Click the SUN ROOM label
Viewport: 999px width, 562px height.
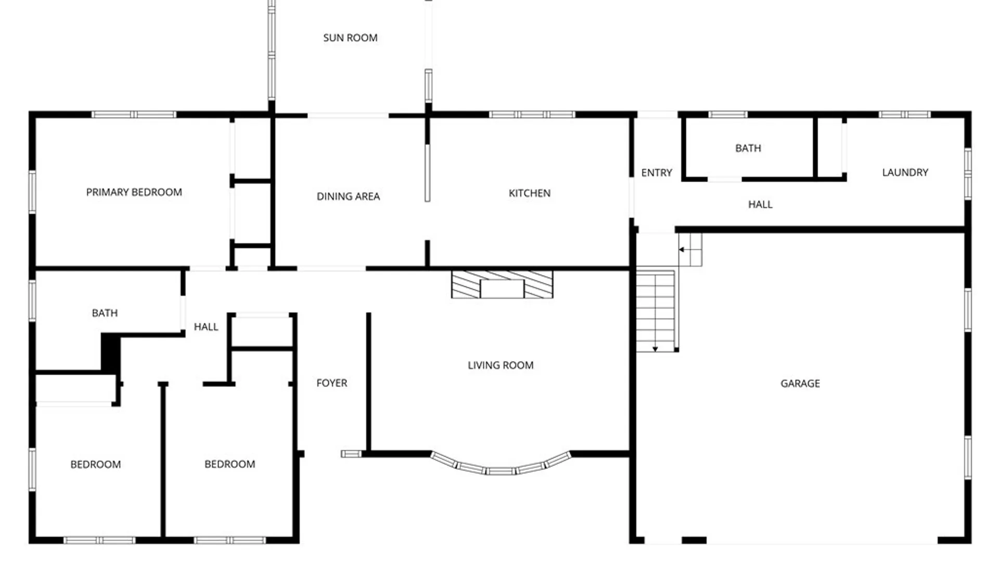pos(350,38)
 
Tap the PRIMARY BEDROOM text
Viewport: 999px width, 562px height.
pos(134,193)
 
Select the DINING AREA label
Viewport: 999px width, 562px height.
pos(348,197)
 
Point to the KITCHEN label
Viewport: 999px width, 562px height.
pos(529,194)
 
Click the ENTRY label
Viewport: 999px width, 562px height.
pos(656,173)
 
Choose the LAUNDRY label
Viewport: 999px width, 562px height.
pos(905,173)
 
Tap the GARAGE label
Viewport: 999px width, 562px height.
pos(800,384)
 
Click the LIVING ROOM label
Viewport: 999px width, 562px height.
pos(501,365)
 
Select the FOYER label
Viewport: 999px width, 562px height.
pos(331,383)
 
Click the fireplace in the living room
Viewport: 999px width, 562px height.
pos(502,284)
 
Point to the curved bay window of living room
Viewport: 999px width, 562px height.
pos(501,468)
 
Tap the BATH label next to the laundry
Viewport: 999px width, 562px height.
pos(748,148)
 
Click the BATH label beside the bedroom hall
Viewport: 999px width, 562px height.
pos(105,313)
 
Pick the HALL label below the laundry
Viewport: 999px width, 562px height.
pos(760,205)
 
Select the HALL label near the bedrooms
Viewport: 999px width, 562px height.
pos(206,327)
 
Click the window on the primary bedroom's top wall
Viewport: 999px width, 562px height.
pos(134,114)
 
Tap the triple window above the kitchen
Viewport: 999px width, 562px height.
pos(532,114)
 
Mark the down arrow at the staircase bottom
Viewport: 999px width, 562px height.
pos(655,348)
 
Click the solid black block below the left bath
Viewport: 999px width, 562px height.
pos(110,352)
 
